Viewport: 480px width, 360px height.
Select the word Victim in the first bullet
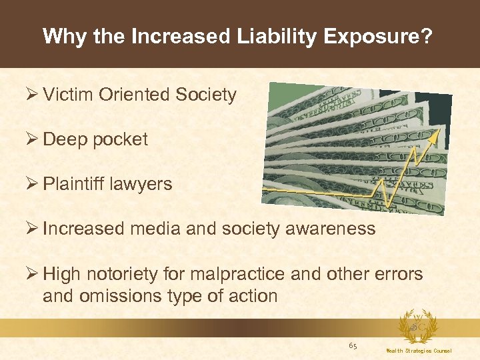(x=68, y=95)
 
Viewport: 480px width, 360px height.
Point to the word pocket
(x=121, y=140)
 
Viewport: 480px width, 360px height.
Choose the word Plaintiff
(x=76, y=184)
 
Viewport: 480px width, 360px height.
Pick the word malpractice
(x=265, y=274)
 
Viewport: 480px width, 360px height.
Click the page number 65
(x=353, y=345)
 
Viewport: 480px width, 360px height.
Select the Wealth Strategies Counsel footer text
(x=418, y=351)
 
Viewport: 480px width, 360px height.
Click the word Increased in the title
(x=176, y=36)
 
